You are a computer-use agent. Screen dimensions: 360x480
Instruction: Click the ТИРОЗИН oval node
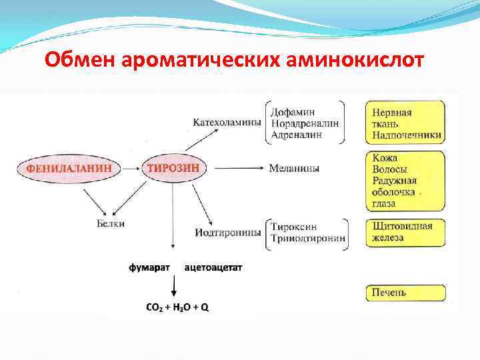(x=173, y=168)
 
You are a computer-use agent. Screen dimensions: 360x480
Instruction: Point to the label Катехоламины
(x=227, y=123)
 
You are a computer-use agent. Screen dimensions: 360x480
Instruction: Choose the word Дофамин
(x=294, y=112)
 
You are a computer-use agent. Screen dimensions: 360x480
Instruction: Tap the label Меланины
(x=294, y=169)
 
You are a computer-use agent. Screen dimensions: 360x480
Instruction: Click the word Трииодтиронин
(x=309, y=238)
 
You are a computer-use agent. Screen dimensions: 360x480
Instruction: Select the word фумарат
(x=149, y=267)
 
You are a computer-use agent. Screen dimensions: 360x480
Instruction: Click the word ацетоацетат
(x=213, y=267)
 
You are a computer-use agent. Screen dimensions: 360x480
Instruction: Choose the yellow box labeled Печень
(x=405, y=292)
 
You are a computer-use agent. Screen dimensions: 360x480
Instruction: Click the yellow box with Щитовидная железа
(x=405, y=232)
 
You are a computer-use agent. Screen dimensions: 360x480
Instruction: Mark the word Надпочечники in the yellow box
(x=406, y=135)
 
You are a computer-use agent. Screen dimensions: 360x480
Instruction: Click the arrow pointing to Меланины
(x=236, y=169)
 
